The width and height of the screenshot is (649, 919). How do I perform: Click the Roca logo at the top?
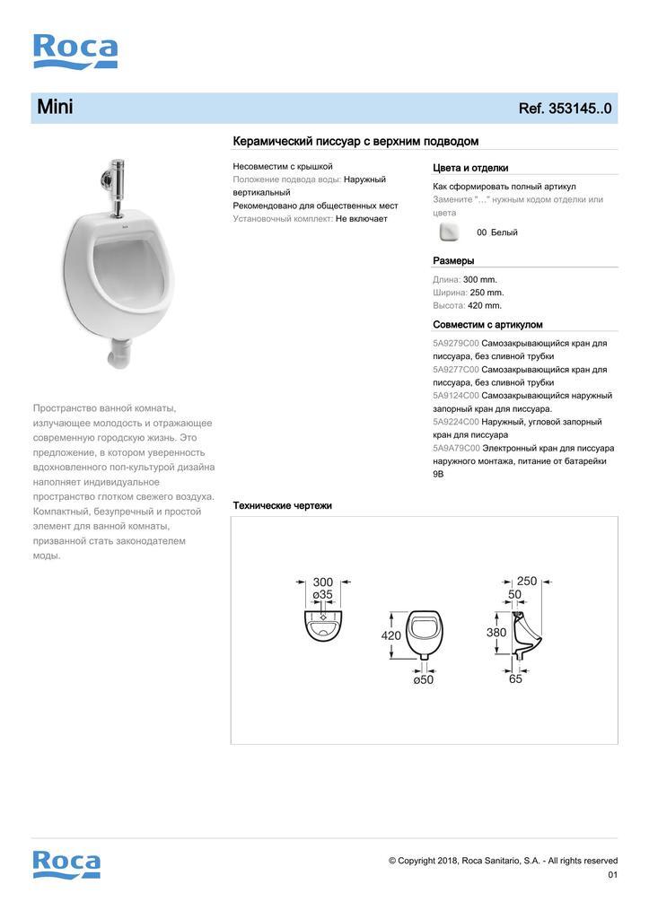pos(75,51)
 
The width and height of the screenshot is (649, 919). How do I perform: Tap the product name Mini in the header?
pos(55,108)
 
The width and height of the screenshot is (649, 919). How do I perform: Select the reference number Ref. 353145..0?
pos(565,109)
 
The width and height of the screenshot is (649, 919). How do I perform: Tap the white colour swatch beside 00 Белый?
pos(450,232)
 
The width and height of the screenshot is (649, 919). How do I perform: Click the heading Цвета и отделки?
pos(470,168)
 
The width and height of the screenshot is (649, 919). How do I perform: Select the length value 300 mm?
pos(479,279)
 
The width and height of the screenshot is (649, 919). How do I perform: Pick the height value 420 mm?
pos(485,305)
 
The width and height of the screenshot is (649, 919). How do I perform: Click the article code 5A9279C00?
pos(456,344)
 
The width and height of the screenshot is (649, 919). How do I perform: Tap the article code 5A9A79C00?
pos(456,448)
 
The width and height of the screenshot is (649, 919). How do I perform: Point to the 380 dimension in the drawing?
pos(496,632)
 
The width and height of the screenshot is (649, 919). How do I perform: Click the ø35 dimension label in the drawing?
pos(322,595)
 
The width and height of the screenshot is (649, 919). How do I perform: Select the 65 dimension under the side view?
pos(515,679)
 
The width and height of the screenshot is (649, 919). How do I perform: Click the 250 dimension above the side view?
pos(526,581)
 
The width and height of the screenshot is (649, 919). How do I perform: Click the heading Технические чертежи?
pos(282,506)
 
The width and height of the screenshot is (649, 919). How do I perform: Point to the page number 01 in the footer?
pos(612,875)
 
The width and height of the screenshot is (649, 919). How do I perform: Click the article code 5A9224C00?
pos(456,422)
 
